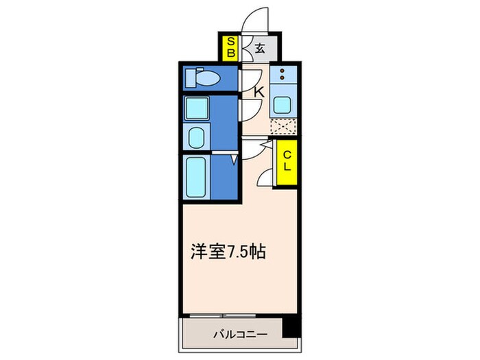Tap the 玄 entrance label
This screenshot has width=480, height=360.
click(x=261, y=49)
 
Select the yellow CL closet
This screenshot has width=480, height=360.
click(x=287, y=163)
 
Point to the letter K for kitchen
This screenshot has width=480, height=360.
click(x=259, y=91)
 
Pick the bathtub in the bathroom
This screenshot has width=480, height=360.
click(x=197, y=176)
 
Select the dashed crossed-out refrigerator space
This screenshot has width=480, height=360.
click(x=283, y=128)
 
